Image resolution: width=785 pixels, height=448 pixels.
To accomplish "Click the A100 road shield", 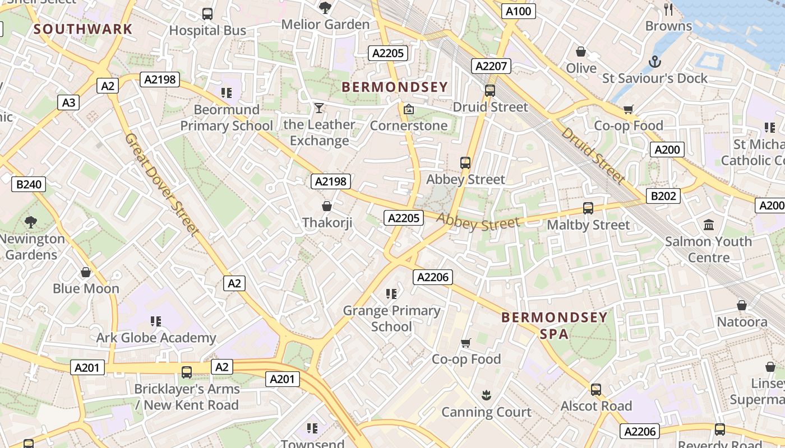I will point(518,11).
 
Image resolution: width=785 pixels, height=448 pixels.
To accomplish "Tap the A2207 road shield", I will point(491,66).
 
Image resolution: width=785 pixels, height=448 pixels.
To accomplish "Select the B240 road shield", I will point(29,184).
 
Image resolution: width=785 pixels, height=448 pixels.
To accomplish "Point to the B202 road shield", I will point(663,196).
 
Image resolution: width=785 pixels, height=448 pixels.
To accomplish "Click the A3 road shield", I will point(68,102).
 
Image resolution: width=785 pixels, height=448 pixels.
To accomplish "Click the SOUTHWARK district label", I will point(84,29).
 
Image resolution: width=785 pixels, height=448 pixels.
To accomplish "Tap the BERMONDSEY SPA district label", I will point(554,326).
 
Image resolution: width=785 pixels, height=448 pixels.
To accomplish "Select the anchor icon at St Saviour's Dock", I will point(654,61).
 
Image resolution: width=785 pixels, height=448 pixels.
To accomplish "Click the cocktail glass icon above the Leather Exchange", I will point(319,108).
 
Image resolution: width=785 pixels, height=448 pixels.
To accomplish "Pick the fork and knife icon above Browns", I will point(668,9).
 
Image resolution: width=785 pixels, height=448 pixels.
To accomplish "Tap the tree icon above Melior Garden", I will point(325,7).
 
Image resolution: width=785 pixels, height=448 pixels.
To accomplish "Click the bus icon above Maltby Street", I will point(588,208).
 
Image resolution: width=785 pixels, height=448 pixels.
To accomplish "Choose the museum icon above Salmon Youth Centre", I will point(709,225).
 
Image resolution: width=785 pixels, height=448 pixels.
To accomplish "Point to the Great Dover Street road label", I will point(162,184).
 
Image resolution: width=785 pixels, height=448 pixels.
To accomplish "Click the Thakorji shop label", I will point(327,223).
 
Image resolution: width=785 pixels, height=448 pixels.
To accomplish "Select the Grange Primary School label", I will point(391,318).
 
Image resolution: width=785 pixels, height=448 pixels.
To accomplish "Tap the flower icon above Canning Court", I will point(486,395).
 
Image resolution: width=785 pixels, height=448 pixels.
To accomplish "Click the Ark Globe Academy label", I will point(156,338).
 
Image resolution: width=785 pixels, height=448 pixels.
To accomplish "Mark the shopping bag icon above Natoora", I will point(742,305).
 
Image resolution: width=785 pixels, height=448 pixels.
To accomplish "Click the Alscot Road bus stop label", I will point(596,406).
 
